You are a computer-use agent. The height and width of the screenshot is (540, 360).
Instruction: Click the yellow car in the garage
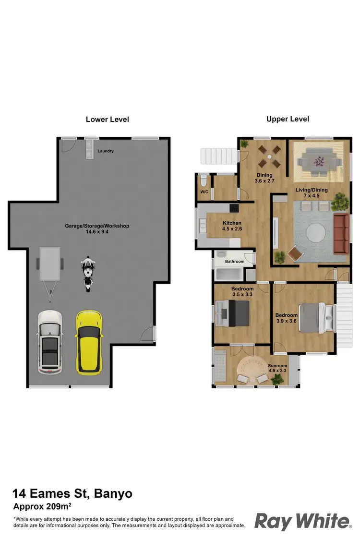point(89,342)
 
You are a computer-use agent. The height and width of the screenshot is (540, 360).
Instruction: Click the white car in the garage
point(50,342)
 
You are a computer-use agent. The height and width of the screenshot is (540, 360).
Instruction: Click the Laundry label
point(106,151)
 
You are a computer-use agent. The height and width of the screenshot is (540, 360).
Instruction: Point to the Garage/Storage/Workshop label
point(97,228)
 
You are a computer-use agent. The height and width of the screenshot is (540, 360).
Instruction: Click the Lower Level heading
point(107,120)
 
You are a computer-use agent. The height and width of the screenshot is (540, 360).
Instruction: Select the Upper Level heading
point(288,119)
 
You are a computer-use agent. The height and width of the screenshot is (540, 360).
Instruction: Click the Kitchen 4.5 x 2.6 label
point(232,226)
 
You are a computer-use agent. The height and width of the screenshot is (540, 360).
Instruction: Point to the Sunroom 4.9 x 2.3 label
point(277,368)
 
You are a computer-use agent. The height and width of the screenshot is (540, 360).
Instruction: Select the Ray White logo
point(303,521)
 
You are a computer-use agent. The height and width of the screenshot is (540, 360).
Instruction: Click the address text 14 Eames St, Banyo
point(72,493)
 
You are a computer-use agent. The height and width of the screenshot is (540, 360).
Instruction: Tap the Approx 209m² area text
point(42,506)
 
